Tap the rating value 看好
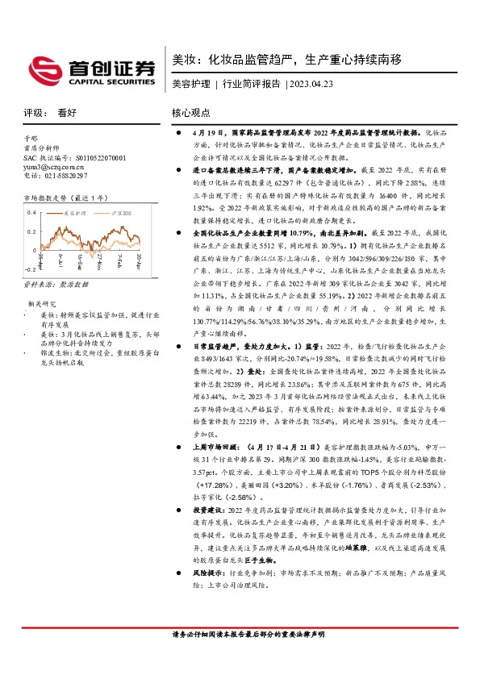pyautogui.click(x=66, y=114)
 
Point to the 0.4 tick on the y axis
pyautogui.click(x=31, y=212)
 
